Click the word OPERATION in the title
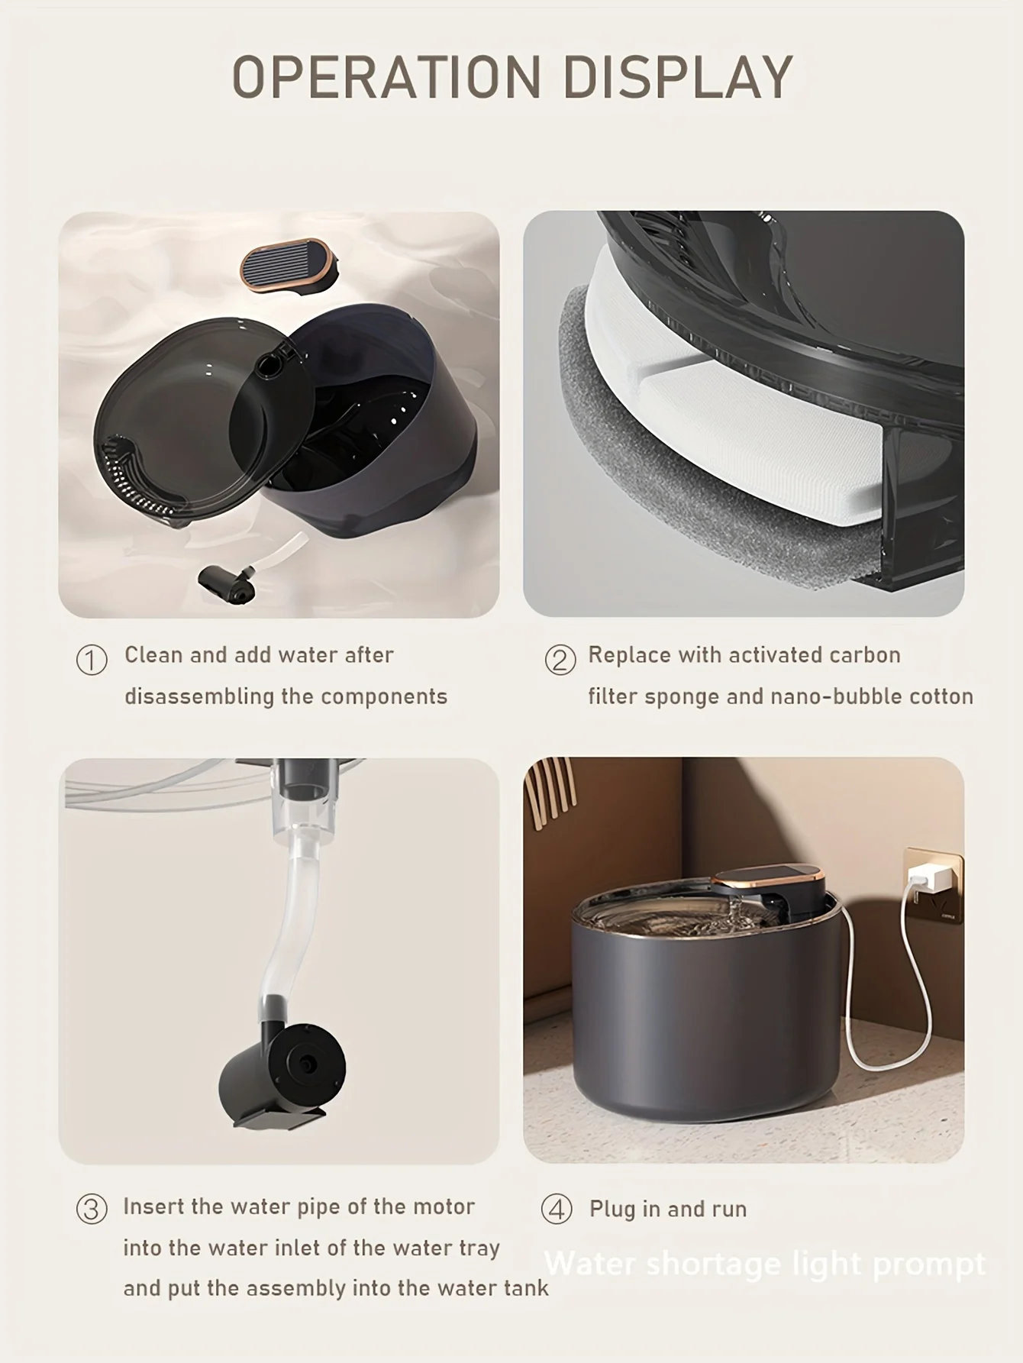tap(386, 76)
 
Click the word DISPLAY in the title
tap(679, 76)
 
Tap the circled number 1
tap(92, 660)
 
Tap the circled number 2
tap(560, 660)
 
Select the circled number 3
tap(92, 1210)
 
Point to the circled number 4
tap(557, 1210)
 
